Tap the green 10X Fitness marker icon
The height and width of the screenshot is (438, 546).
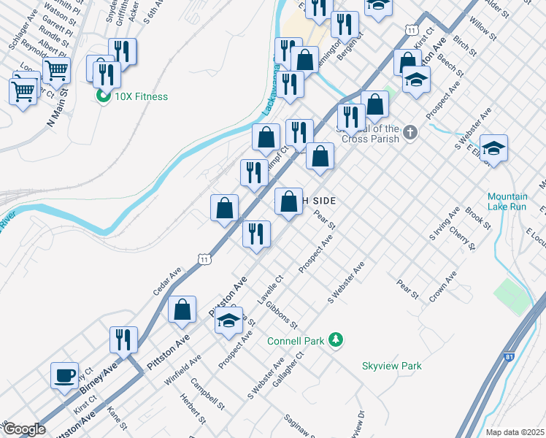pos(103,96)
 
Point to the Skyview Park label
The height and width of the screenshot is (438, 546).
pos(392,366)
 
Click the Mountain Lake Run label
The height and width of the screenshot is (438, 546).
pos(507,201)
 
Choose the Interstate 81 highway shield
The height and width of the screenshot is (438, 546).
pos(508,357)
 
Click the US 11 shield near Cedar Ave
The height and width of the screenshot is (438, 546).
pos(205,258)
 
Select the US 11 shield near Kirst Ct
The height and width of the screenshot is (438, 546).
pos(413,30)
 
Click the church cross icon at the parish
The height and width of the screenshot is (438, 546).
pos(411,132)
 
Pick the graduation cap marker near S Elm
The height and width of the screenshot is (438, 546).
pos(493,147)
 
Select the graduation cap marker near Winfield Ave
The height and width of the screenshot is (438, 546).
pos(228,320)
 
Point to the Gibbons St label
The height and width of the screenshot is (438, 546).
pos(282,314)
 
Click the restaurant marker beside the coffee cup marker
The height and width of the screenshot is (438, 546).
pos(123,339)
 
